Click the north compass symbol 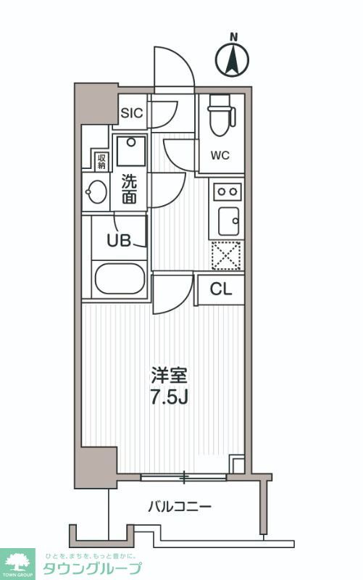(x=233, y=58)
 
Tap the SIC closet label (x=132, y=112)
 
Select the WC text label (x=220, y=155)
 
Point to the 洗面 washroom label (x=129, y=188)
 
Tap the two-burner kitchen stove (x=227, y=191)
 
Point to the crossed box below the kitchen (x=226, y=255)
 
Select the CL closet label (x=221, y=289)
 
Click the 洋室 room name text (x=169, y=376)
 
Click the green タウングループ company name (x=91, y=568)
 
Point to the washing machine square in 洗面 (x=130, y=151)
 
